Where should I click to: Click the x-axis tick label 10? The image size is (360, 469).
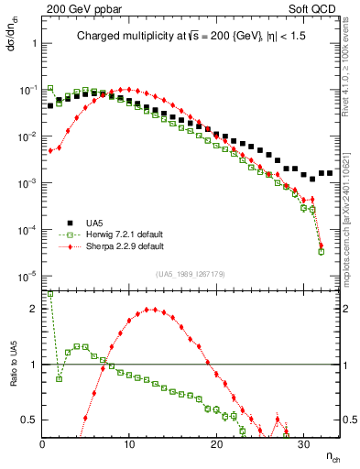(x=129, y=444)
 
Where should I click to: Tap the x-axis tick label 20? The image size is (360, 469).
(x=216, y=444)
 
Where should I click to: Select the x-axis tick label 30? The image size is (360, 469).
(x=303, y=444)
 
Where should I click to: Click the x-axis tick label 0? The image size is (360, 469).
(x=43, y=444)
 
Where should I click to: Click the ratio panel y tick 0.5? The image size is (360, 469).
(x=30, y=420)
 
